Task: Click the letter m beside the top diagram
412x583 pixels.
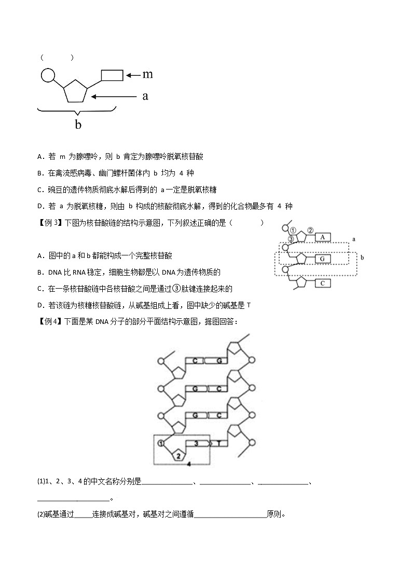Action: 148,74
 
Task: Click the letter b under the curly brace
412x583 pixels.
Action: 78,125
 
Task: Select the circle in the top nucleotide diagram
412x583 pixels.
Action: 48,76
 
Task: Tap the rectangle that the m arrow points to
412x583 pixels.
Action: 112,75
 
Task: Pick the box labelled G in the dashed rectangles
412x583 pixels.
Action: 322,258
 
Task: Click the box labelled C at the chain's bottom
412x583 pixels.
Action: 322,283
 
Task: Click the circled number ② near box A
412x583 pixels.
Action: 310,230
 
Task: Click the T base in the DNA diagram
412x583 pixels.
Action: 219,443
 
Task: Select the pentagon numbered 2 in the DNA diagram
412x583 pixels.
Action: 178,455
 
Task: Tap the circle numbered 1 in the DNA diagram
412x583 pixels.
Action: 161,443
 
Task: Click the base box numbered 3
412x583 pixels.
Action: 196,443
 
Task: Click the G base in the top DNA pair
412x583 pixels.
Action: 219,360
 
